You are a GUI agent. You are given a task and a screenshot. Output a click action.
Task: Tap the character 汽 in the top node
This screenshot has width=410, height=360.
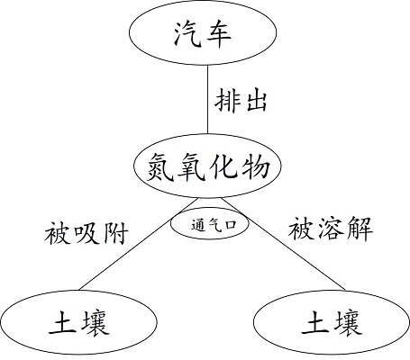point(187,33)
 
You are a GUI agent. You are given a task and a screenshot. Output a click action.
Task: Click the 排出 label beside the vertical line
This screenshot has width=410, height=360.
point(241,100)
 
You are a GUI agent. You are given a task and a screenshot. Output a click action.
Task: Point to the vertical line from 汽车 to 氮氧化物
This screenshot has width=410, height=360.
point(207,99)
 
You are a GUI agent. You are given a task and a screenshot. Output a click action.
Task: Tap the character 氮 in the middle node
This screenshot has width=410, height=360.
point(160,166)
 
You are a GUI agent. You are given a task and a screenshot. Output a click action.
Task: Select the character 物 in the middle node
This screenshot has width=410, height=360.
point(255,166)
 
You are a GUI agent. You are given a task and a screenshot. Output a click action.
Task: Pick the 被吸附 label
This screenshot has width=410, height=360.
point(87,233)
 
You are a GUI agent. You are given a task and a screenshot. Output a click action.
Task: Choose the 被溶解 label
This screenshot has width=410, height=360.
point(331,229)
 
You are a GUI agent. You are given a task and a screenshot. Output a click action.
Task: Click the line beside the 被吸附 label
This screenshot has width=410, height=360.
point(139,244)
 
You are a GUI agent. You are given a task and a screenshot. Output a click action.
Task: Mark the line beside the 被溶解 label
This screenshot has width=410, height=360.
point(284,244)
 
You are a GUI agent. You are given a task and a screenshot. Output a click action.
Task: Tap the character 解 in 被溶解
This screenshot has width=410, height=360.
point(360,229)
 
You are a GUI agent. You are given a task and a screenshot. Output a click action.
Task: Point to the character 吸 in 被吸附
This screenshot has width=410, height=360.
point(87,233)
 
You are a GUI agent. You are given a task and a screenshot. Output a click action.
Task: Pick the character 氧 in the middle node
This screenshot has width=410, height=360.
point(192,166)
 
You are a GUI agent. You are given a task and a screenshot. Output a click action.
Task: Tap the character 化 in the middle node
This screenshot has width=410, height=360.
point(223,166)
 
